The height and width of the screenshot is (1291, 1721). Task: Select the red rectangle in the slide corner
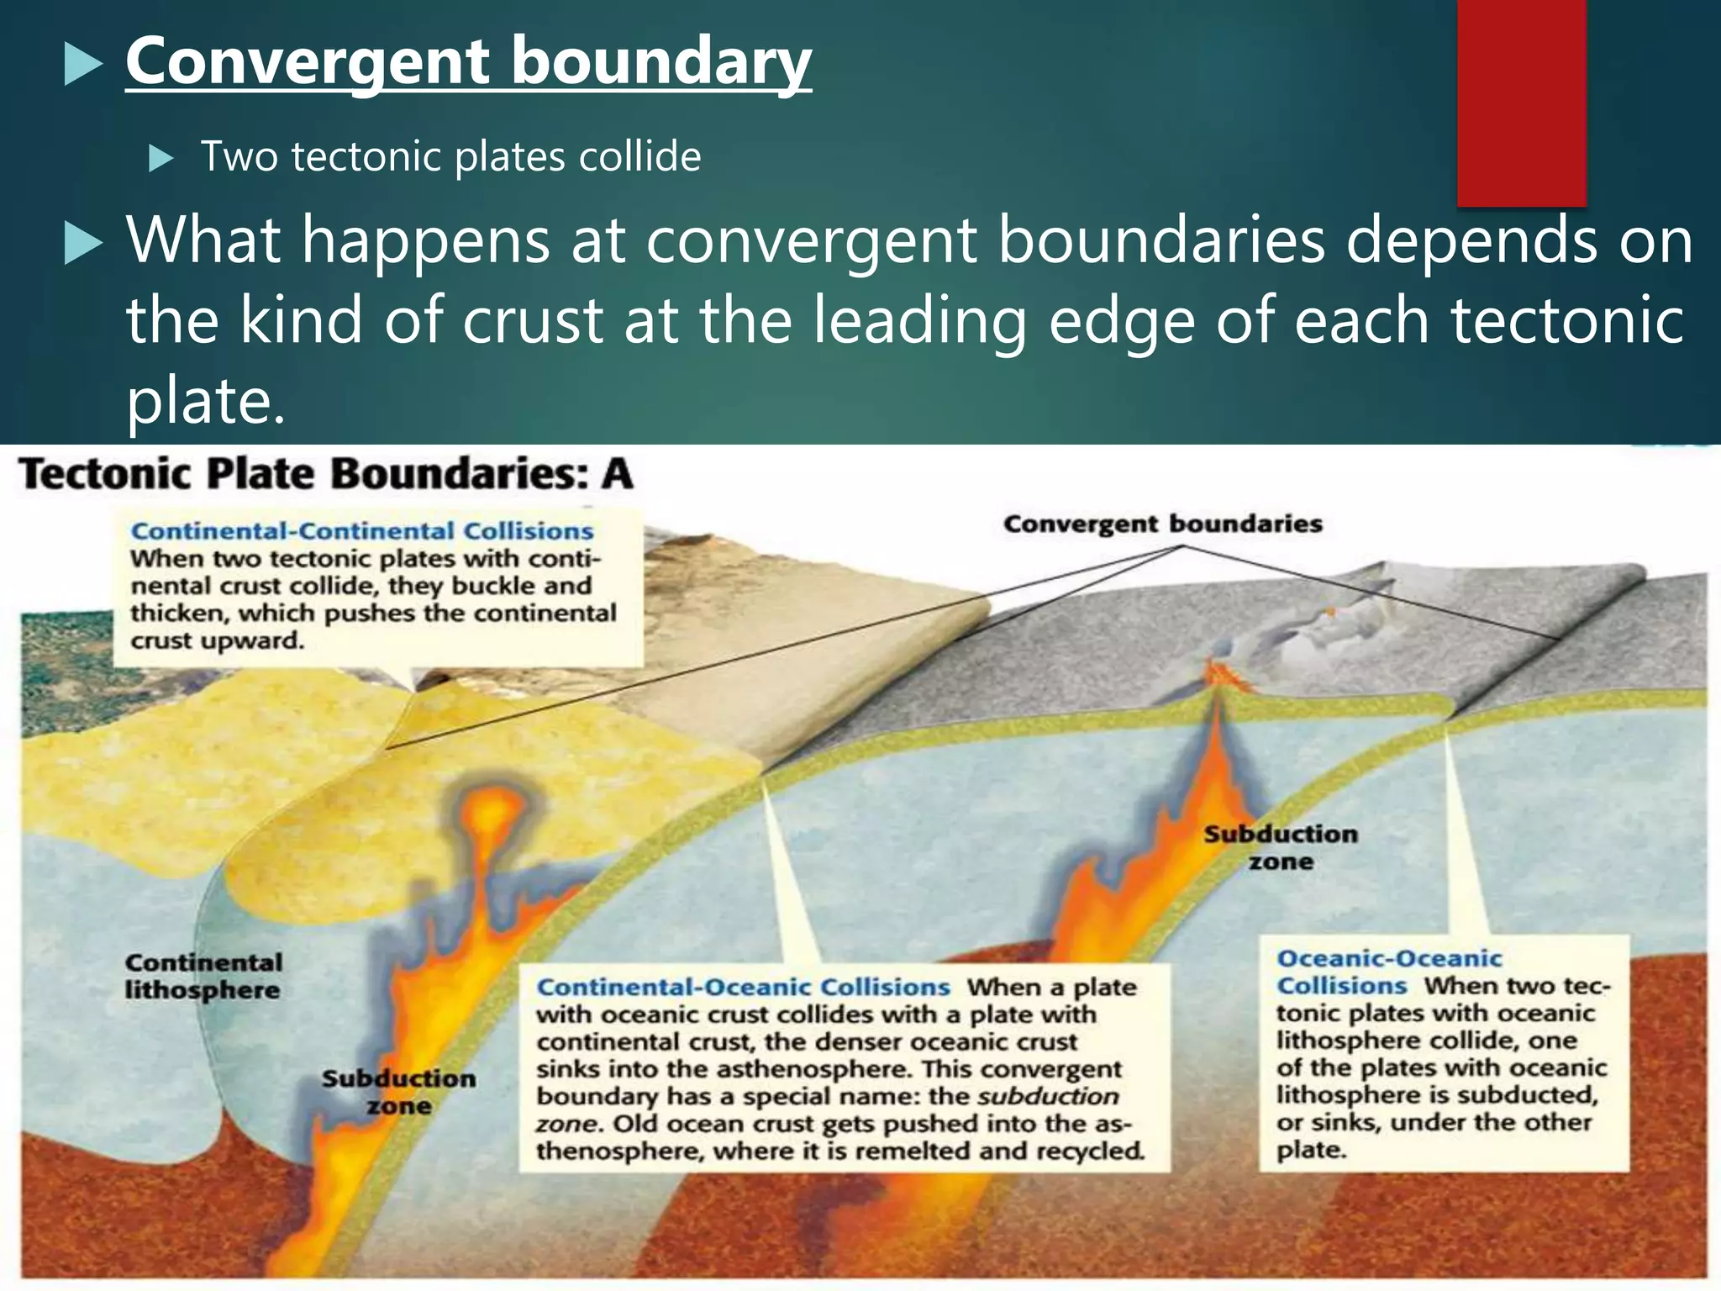pyautogui.click(x=1521, y=103)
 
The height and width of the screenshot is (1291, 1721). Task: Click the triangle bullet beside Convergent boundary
pyautogui.click(x=82, y=66)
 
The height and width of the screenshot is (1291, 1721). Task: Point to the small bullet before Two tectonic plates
pyautogui.click(x=160, y=158)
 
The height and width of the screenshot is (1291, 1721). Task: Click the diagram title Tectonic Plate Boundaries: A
pyautogui.click(x=325, y=474)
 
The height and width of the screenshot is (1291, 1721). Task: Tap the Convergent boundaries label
pyautogui.click(x=1162, y=524)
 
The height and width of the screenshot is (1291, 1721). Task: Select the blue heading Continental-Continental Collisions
pyautogui.click(x=362, y=531)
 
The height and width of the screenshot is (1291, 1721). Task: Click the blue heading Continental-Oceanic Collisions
pyautogui.click(x=743, y=987)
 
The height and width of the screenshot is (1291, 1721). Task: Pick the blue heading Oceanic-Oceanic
pyautogui.click(x=1388, y=959)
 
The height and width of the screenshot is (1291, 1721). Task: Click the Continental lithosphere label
pyautogui.click(x=203, y=976)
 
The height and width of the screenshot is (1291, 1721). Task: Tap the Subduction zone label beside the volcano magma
pyautogui.click(x=1280, y=847)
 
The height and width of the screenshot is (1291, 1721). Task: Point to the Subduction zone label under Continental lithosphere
pyautogui.click(x=398, y=1092)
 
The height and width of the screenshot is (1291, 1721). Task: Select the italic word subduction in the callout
pyautogui.click(x=1048, y=1097)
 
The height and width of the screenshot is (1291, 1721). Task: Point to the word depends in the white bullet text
pyautogui.click(x=1471, y=241)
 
